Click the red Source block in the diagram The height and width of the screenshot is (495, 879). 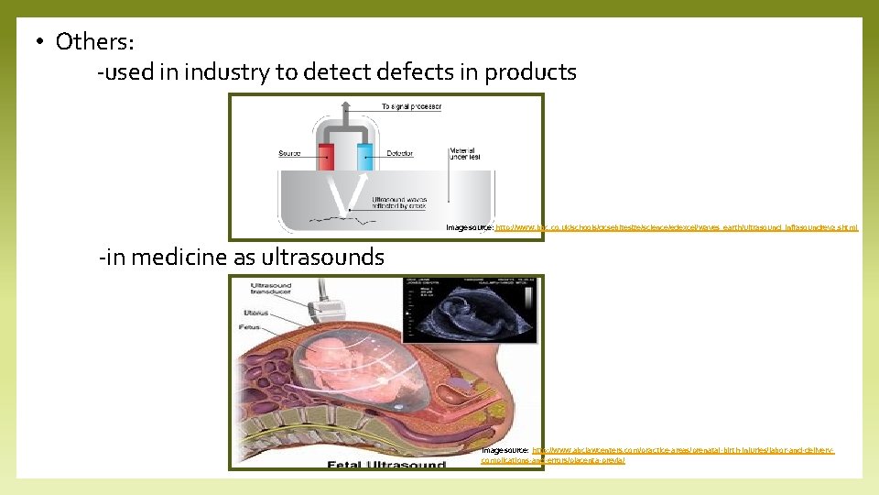tap(327, 158)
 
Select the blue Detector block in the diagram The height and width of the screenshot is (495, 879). tap(365, 158)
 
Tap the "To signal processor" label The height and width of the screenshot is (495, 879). tap(411, 107)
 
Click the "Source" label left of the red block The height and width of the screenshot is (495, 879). tap(290, 153)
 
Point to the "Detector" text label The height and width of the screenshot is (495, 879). tap(400, 153)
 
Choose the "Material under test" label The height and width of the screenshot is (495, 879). tap(465, 154)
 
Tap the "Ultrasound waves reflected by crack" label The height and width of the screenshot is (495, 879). tap(400, 203)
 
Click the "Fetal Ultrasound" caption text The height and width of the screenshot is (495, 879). tap(386, 465)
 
